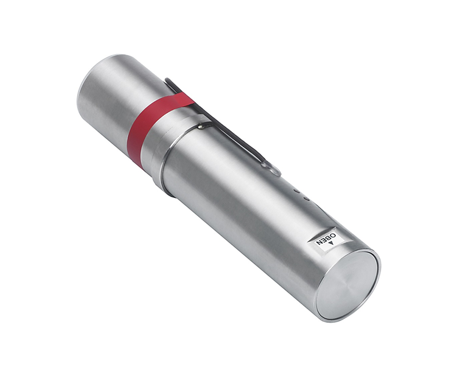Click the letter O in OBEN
333,236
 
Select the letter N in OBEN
319,243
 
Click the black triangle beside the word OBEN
331,243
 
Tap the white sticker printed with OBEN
326,240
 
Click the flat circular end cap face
348,285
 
